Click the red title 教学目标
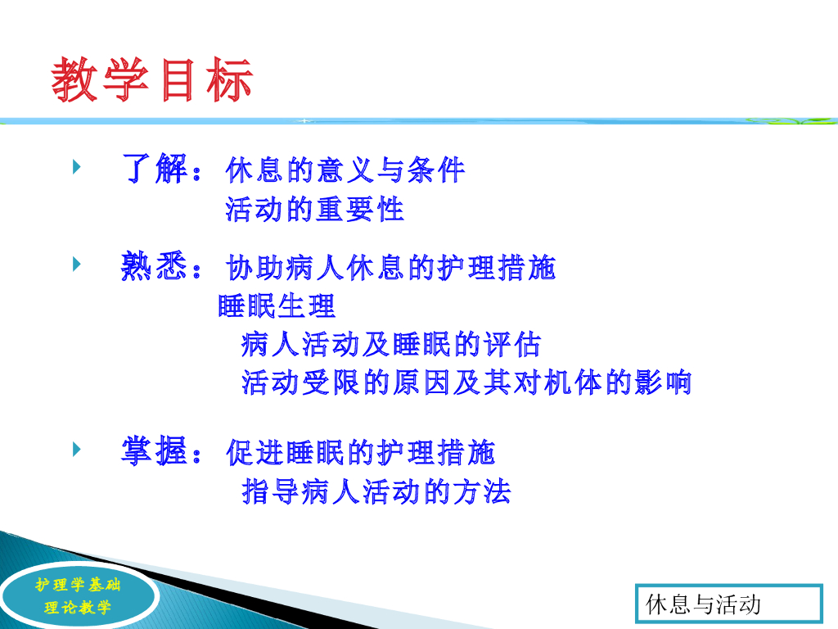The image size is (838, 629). (x=151, y=79)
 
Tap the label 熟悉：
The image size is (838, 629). (x=161, y=265)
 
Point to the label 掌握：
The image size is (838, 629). (x=161, y=450)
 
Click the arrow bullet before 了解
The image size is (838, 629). (x=76, y=167)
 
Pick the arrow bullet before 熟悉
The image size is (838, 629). (x=76, y=264)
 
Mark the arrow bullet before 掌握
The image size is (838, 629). (x=76, y=449)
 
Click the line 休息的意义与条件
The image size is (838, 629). (x=345, y=170)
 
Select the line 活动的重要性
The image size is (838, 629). (x=314, y=209)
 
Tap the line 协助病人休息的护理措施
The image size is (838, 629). (x=390, y=268)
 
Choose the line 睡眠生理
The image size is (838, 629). (x=277, y=306)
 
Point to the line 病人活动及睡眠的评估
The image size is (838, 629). (x=390, y=344)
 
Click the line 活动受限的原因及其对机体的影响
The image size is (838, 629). (x=466, y=382)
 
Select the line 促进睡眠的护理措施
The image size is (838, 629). (x=361, y=452)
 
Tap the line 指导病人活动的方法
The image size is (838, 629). (x=376, y=491)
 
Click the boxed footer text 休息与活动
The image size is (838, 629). (x=703, y=604)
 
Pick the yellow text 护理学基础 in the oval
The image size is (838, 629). (x=78, y=585)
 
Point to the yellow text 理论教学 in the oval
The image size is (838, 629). (x=78, y=607)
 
